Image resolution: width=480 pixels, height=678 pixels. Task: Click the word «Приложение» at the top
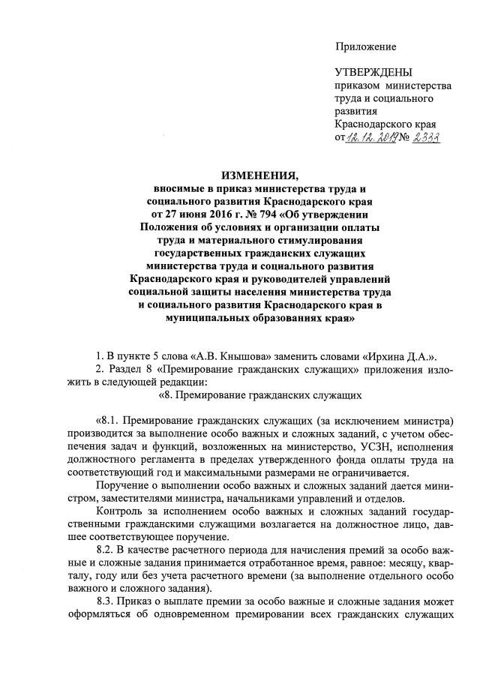coord(365,46)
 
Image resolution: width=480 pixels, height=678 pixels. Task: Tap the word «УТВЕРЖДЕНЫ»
coord(373,73)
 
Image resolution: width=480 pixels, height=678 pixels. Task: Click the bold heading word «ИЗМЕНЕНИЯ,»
coord(261,177)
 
